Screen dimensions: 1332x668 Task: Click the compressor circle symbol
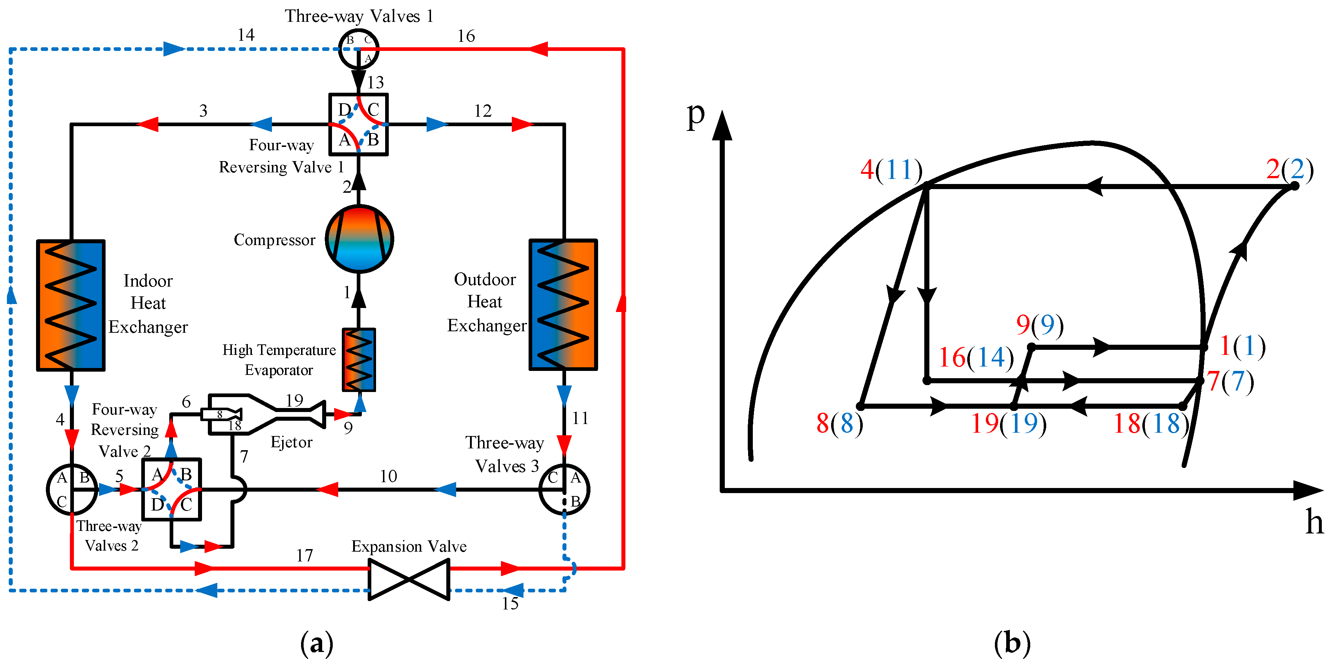pyautogui.click(x=359, y=239)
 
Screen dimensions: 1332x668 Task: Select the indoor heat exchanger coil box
pyautogui.click(x=71, y=305)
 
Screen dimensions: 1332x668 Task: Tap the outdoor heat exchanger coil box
pyautogui.click(x=563, y=304)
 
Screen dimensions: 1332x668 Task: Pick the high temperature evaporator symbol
pyautogui.click(x=359, y=360)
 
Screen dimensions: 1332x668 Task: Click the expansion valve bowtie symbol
pyautogui.click(x=408, y=579)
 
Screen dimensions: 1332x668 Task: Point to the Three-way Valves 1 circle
pyautogui.click(x=359, y=49)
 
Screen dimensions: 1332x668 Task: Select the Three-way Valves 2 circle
pyautogui.click(x=72, y=489)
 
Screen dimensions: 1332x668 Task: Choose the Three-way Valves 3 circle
pyautogui.click(x=564, y=489)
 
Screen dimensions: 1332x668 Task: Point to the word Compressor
pyautogui.click(x=274, y=240)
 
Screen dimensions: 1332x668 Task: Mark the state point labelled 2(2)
pyautogui.click(x=1294, y=186)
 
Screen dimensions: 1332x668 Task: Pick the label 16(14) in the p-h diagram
pyautogui.click(x=976, y=357)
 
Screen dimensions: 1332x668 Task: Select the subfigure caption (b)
pyautogui.click(x=1012, y=644)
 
